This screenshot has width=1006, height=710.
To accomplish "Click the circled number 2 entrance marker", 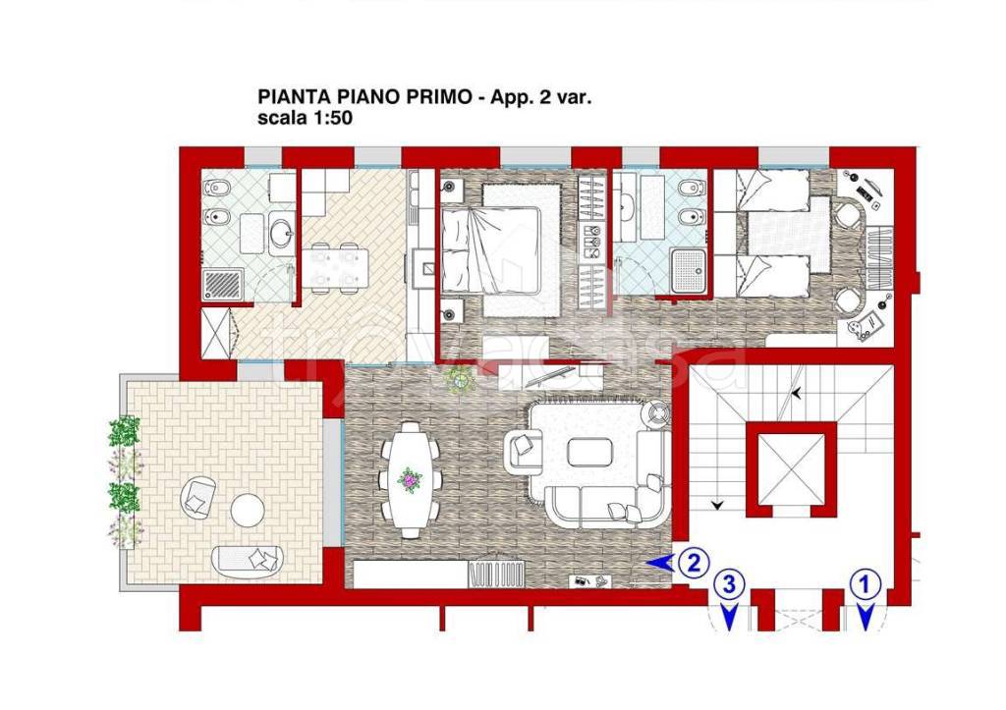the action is point(694,563).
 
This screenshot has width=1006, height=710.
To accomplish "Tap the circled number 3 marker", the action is point(729,585).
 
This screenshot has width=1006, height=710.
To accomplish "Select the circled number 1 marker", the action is point(865,585).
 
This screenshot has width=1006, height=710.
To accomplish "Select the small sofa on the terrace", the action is point(247,561).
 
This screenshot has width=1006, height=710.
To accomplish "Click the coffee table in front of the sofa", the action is point(590,452).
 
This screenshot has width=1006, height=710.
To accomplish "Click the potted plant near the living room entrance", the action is point(460,380).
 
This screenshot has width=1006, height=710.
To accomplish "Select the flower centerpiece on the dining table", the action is point(410,480).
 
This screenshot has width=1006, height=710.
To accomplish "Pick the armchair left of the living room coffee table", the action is point(525,448).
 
